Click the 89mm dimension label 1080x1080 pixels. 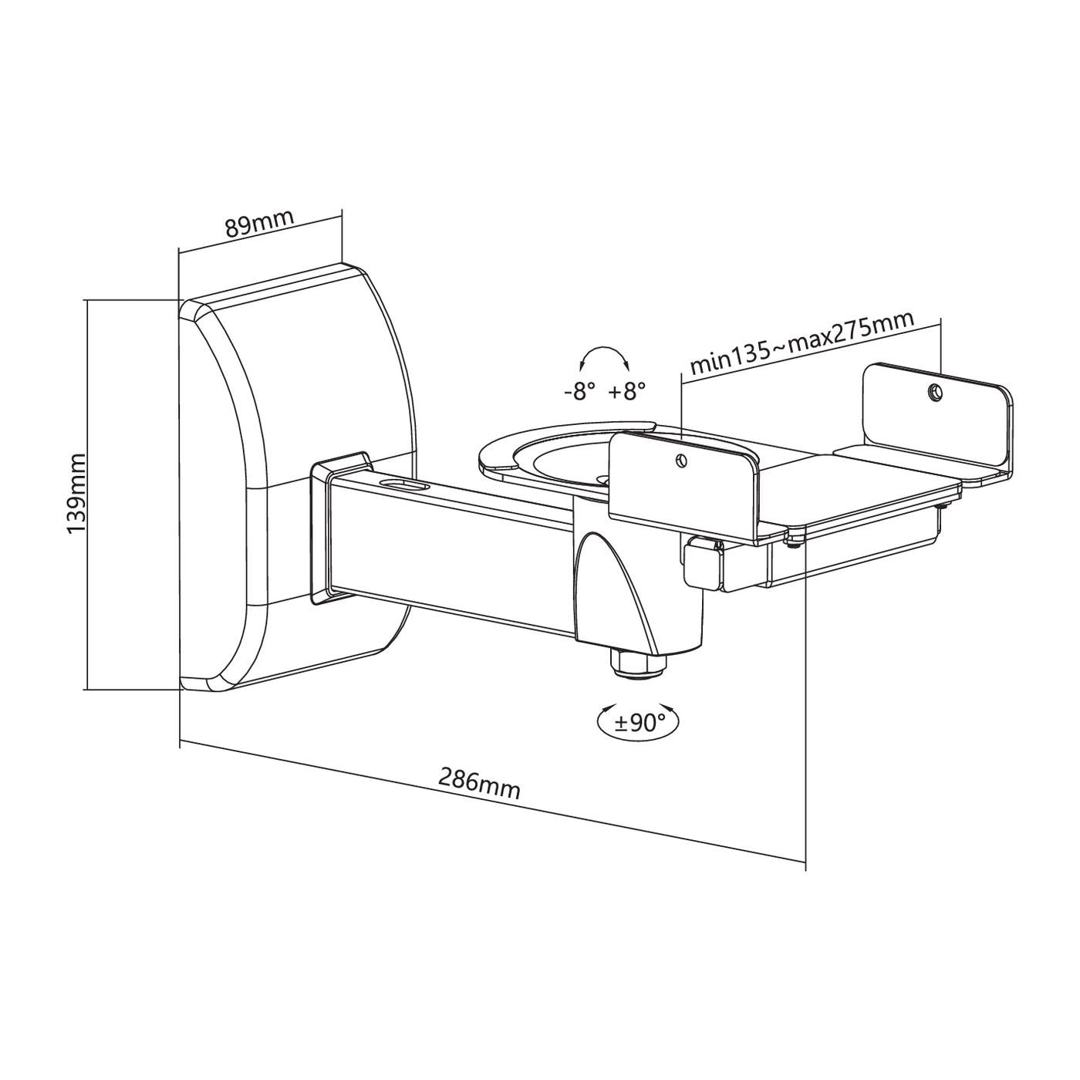pos(259,223)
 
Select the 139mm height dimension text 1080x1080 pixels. pos(76,494)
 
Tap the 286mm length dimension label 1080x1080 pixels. pos(479,785)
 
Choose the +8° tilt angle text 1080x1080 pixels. pos(626,391)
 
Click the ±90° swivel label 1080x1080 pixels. pos(640,723)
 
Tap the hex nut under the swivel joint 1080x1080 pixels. pos(637,663)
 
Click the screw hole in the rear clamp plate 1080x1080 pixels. pos(935,393)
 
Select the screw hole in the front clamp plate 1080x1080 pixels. pos(679,461)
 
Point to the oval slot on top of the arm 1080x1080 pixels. pos(404,485)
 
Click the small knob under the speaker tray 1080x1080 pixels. pos(700,560)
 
